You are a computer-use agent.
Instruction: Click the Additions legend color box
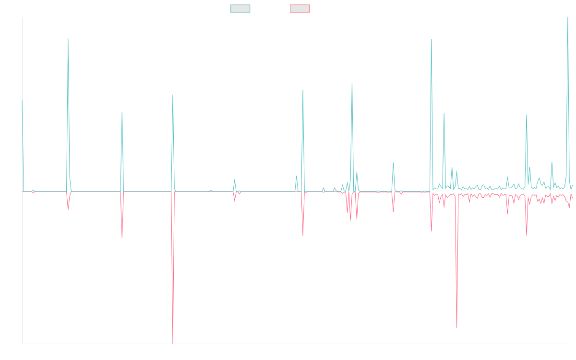click(x=240, y=9)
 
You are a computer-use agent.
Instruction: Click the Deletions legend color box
click(x=300, y=9)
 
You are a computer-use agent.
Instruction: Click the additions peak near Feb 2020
click(x=68, y=39)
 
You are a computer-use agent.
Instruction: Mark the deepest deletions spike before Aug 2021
click(x=173, y=343)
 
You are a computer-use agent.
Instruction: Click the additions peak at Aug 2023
click(x=352, y=83)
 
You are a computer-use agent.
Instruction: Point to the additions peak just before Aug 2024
click(x=432, y=39)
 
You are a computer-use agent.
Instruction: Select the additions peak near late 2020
click(x=122, y=113)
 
